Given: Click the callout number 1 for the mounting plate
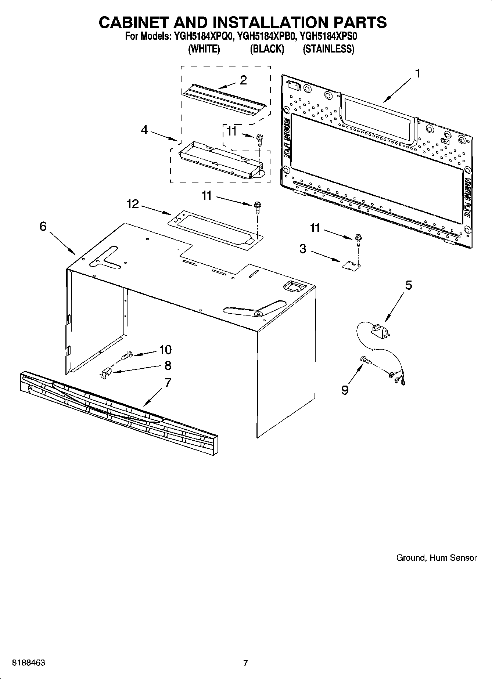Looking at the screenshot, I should pyautogui.click(x=417, y=73).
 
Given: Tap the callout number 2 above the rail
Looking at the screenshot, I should pyautogui.click(x=243, y=80).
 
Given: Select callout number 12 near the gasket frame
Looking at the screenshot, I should pyautogui.click(x=133, y=204).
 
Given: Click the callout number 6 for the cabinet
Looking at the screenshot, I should pyautogui.click(x=43, y=227).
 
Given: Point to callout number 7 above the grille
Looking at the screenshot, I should pyautogui.click(x=168, y=382).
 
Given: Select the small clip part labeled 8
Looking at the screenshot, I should pyautogui.click(x=106, y=373).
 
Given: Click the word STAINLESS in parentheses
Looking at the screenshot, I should pyautogui.click(x=328, y=49).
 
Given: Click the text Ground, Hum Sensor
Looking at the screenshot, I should pyautogui.click(x=436, y=558).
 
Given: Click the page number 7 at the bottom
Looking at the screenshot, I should pyautogui.click(x=245, y=663).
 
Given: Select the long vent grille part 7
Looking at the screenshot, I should pyautogui.click(x=118, y=408).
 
